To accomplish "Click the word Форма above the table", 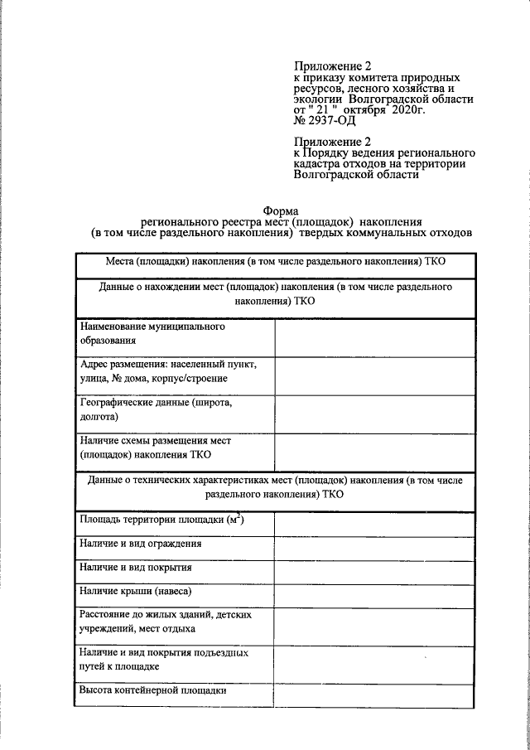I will tap(281, 210).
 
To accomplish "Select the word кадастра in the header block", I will tap(322, 164).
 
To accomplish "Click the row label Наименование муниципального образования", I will tap(152, 333).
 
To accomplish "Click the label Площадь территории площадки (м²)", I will tap(162, 520).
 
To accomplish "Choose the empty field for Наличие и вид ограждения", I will tap(377, 544).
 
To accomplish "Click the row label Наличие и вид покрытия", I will tap(136, 568).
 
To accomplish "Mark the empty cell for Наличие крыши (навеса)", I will tap(377, 592).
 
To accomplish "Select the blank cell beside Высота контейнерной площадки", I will tap(377, 691).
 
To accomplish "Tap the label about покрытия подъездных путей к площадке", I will tap(165, 659).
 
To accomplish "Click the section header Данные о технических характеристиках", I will tap(275, 487).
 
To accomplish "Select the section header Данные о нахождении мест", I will tap(275, 295).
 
